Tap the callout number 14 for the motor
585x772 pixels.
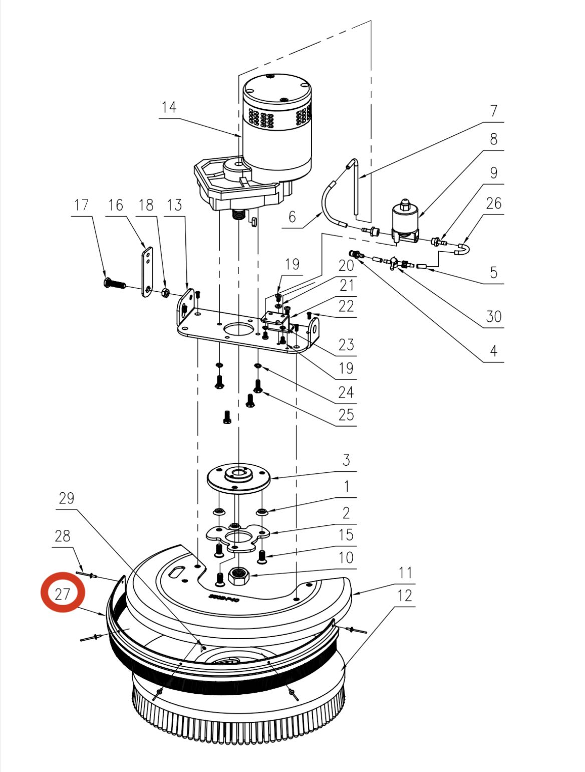[x=169, y=107]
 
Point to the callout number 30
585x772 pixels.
[x=493, y=316]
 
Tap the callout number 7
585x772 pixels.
[x=493, y=110]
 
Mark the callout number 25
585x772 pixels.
[x=346, y=415]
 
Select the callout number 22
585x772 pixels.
[x=346, y=306]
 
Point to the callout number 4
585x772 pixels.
[x=493, y=350]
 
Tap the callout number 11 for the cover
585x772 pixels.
[x=405, y=572]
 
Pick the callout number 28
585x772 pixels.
[x=62, y=536]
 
